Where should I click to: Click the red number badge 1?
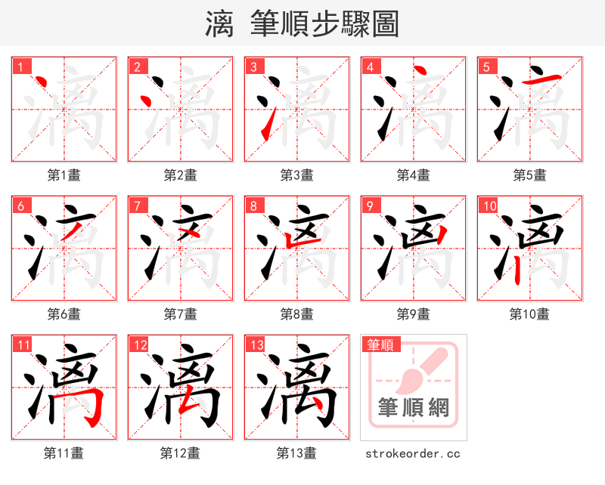pos(20,66)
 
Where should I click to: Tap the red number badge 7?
pos(137,205)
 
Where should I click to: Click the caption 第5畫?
pos(529,175)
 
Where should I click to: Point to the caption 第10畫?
pos(529,314)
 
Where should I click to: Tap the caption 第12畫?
pos(180,453)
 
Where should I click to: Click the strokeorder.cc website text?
pos(413,453)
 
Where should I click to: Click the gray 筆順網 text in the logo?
pos(414,408)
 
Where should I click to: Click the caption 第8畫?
pos(296,314)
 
